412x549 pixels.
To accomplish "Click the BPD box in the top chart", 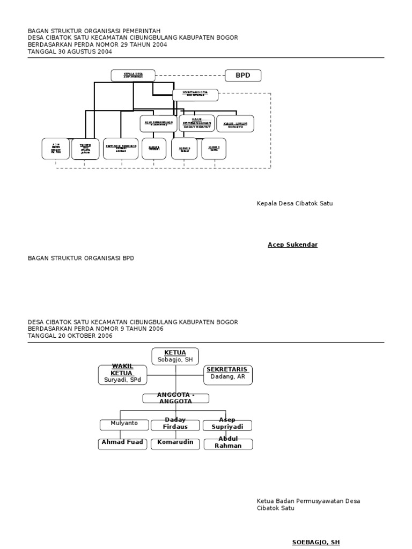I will pos(242,76).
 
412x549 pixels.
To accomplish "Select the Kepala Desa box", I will pos(133,76).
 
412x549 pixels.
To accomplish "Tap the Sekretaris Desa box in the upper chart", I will pos(195,95).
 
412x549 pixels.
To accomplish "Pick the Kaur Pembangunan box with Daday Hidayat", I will pos(196,123).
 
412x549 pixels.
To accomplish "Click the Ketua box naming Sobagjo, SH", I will pos(175,357).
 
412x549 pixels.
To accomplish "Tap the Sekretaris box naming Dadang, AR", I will pos(228,374).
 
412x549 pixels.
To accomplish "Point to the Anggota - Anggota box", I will pos(175,398).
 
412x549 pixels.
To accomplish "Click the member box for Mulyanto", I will pos(124,425).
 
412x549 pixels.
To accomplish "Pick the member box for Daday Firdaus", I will pos(175,425).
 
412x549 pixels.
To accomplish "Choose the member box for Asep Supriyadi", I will pos(227,425).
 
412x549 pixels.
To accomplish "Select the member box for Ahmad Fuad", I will pos(122,443).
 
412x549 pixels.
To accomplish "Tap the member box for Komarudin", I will pos(175,443).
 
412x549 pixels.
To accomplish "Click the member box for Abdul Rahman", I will pos(227,443).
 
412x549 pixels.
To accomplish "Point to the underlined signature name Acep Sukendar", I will pos(292,245).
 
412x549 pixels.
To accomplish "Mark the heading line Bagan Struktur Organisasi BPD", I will pos(81,258).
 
